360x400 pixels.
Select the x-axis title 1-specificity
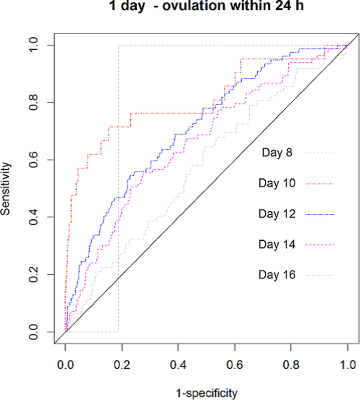pos(207,393)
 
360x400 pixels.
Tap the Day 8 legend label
pos(277,153)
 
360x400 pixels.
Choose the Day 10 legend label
pos(277,183)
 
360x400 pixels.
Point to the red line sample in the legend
pos(319,184)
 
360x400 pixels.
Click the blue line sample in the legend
pos(319,214)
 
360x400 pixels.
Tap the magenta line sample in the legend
pos(319,245)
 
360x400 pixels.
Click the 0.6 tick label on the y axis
pos(34,160)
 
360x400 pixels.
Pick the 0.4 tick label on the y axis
pos(34,217)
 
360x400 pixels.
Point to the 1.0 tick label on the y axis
pos(34,45)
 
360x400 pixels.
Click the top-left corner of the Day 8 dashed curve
pos(118,46)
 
